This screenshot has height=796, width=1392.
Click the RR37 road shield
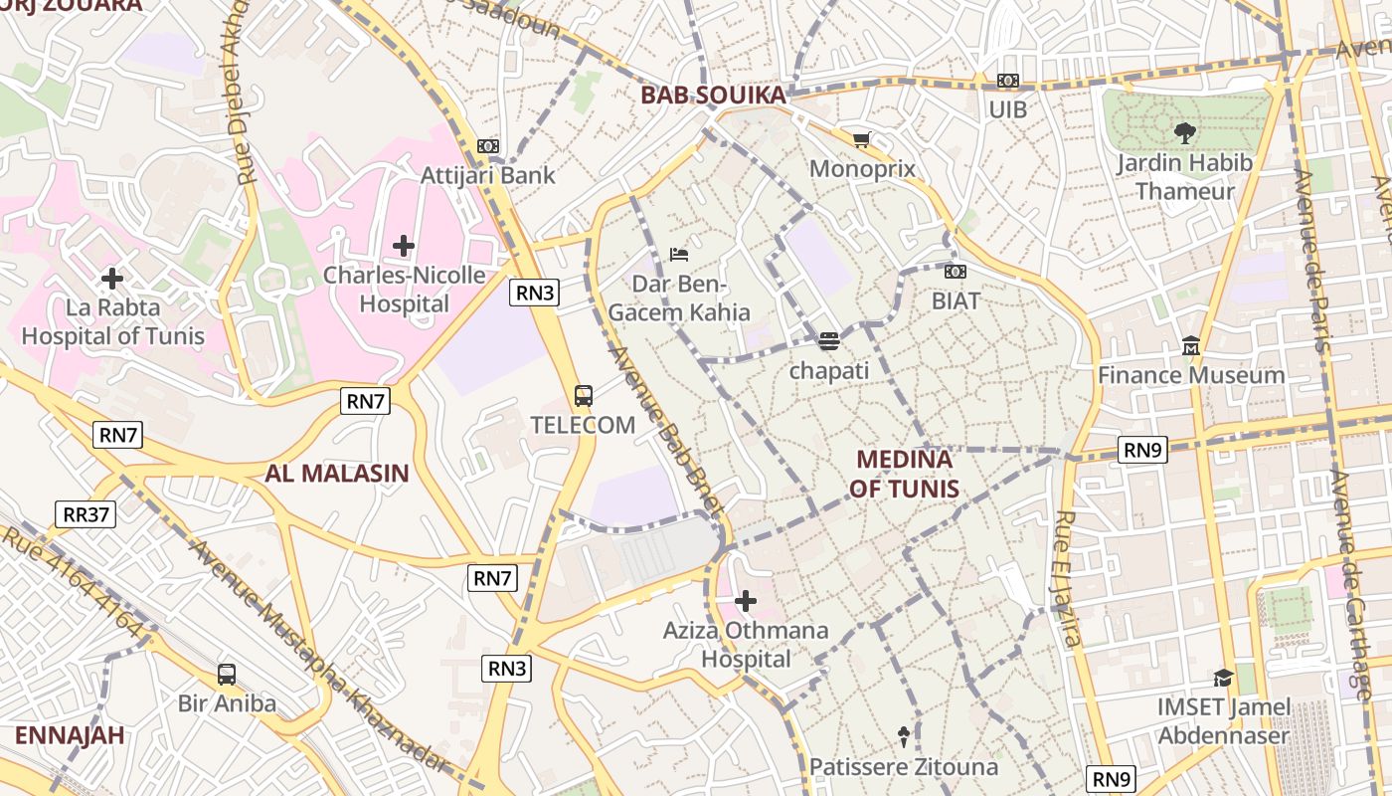pyautogui.click(x=85, y=514)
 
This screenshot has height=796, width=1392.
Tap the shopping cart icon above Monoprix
pyautogui.click(x=861, y=140)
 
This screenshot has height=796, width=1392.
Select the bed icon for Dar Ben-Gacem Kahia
pyautogui.click(x=679, y=255)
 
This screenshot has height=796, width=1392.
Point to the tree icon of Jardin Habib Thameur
pyautogui.click(x=1184, y=132)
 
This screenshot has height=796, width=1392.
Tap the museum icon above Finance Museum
pyautogui.click(x=1191, y=346)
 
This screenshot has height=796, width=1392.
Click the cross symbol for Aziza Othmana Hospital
pyautogui.click(x=746, y=601)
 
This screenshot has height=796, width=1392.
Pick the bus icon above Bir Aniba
pyautogui.click(x=227, y=675)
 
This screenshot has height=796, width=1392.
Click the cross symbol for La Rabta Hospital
pyautogui.click(x=112, y=279)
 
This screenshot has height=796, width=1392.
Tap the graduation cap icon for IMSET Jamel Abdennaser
pyautogui.click(x=1223, y=679)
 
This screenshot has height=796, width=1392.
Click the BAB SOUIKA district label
pyautogui.click(x=713, y=96)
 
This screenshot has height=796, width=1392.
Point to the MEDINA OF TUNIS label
pyautogui.click(x=904, y=474)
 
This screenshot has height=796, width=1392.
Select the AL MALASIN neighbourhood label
pyautogui.click(x=337, y=473)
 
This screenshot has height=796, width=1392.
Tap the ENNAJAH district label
pyautogui.click(x=70, y=735)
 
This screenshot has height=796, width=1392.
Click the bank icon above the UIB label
pyautogui.click(x=1008, y=81)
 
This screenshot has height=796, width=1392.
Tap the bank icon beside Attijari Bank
pyautogui.click(x=487, y=146)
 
